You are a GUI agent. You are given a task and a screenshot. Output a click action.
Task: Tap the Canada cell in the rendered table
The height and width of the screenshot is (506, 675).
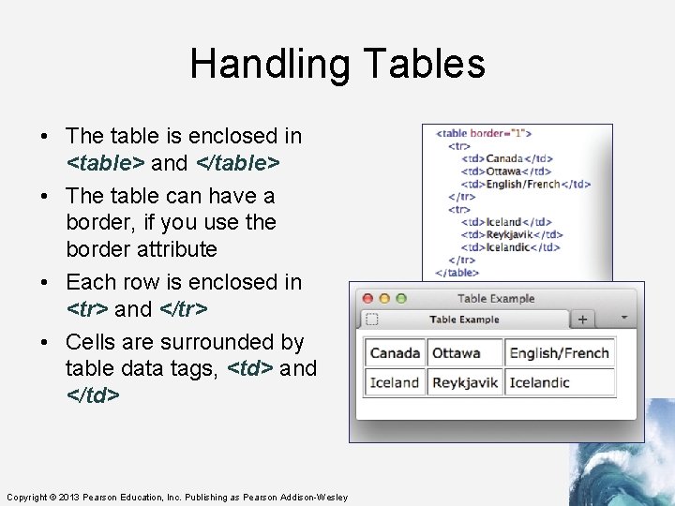(395, 353)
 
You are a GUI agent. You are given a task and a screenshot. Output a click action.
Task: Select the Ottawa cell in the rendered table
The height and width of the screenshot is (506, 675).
(456, 353)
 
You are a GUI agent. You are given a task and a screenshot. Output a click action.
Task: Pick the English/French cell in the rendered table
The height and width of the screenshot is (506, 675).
(559, 353)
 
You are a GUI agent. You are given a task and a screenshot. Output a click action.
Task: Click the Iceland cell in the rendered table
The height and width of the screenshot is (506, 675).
(395, 382)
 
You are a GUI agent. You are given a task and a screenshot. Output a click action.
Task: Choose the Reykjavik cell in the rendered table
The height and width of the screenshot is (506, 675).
(466, 382)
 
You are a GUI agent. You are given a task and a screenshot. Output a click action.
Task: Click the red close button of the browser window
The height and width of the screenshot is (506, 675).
(367, 299)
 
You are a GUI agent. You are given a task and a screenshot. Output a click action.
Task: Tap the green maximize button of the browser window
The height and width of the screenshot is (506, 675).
(401, 299)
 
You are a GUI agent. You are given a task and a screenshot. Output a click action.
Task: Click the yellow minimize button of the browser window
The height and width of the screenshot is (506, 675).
(384, 299)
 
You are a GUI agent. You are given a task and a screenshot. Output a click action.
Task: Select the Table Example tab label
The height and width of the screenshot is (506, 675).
(464, 320)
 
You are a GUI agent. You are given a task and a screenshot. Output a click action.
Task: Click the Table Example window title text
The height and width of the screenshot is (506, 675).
(496, 299)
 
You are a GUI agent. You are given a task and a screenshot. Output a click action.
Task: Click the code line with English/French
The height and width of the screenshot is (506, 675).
(526, 184)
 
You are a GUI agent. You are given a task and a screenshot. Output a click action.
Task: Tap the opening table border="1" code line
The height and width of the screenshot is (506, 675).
(484, 133)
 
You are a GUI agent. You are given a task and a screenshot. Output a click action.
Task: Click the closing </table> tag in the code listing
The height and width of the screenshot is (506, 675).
(457, 273)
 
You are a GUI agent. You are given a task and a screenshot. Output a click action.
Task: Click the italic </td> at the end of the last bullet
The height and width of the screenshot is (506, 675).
(93, 395)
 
